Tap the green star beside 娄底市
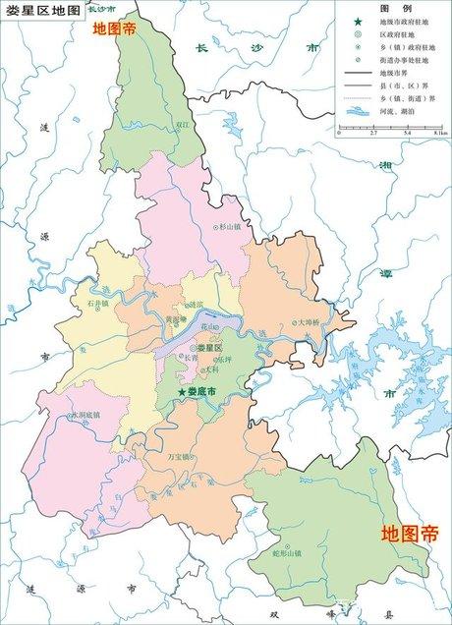point(180,393)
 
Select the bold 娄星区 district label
point(210,348)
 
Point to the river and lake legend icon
point(357,116)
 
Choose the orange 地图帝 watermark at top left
point(115,29)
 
